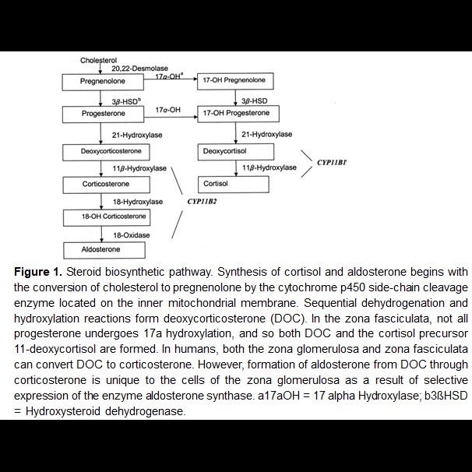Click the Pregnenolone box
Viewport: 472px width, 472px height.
pos(101,81)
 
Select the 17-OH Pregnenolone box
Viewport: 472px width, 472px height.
pos(234,81)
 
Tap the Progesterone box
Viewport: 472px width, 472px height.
pos(101,114)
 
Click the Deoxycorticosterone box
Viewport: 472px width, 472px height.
pos(101,151)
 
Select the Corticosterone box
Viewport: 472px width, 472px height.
pos(101,185)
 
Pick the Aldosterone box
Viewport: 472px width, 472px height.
pos(101,249)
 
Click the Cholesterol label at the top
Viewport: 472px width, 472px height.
pos(99,60)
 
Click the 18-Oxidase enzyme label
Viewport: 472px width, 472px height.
pos(130,234)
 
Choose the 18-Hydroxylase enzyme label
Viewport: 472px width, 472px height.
pos(136,202)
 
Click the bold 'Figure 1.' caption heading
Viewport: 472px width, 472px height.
pos(37,273)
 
